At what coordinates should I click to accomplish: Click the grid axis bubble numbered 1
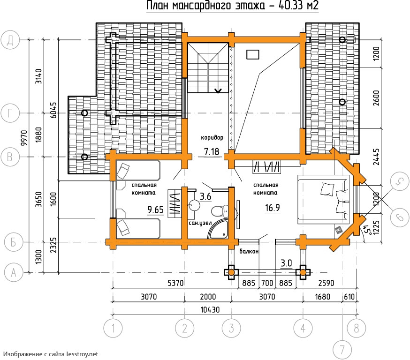coord(113,328)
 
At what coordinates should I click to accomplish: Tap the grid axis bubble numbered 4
coord(303,328)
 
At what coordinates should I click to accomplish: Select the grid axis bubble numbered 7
coord(342,350)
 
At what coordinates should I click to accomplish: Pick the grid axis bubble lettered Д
coord(10,40)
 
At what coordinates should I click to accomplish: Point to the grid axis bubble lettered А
coord(14,272)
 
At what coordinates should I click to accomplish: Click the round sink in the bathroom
coord(194,205)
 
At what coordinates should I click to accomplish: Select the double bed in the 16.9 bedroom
coord(324,199)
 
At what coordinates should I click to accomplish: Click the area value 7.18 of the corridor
coord(212,151)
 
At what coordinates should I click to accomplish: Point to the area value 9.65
coord(155,210)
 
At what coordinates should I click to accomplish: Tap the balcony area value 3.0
coord(286,263)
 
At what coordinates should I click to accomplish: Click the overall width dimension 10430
coord(210,310)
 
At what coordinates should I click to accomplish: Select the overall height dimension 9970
coord(24,138)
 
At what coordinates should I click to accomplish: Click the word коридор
coord(212,137)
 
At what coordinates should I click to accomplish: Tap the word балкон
coord(249,251)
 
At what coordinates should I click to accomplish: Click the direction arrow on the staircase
coord(218,90)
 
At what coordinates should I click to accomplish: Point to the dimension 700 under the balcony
coord(267,283)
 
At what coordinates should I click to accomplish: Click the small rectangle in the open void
coord(253,54)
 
